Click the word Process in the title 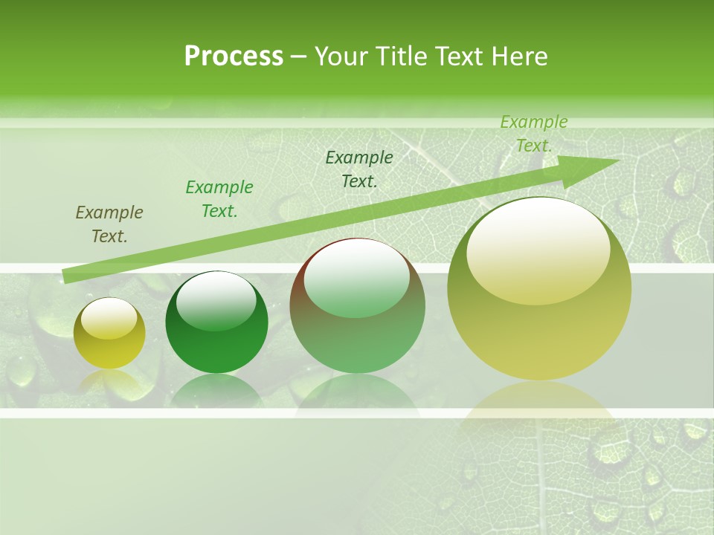tap(234, 56)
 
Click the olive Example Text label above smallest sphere tap(109, 224)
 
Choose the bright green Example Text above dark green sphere tap(219, 199)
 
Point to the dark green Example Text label tap(359, 169)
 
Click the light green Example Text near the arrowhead tap(534, 134)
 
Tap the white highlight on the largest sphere tap(538, 249)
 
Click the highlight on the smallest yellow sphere tap(109, 318)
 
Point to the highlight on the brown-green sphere tap(356, 277)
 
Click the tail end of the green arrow tap(65, 276)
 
